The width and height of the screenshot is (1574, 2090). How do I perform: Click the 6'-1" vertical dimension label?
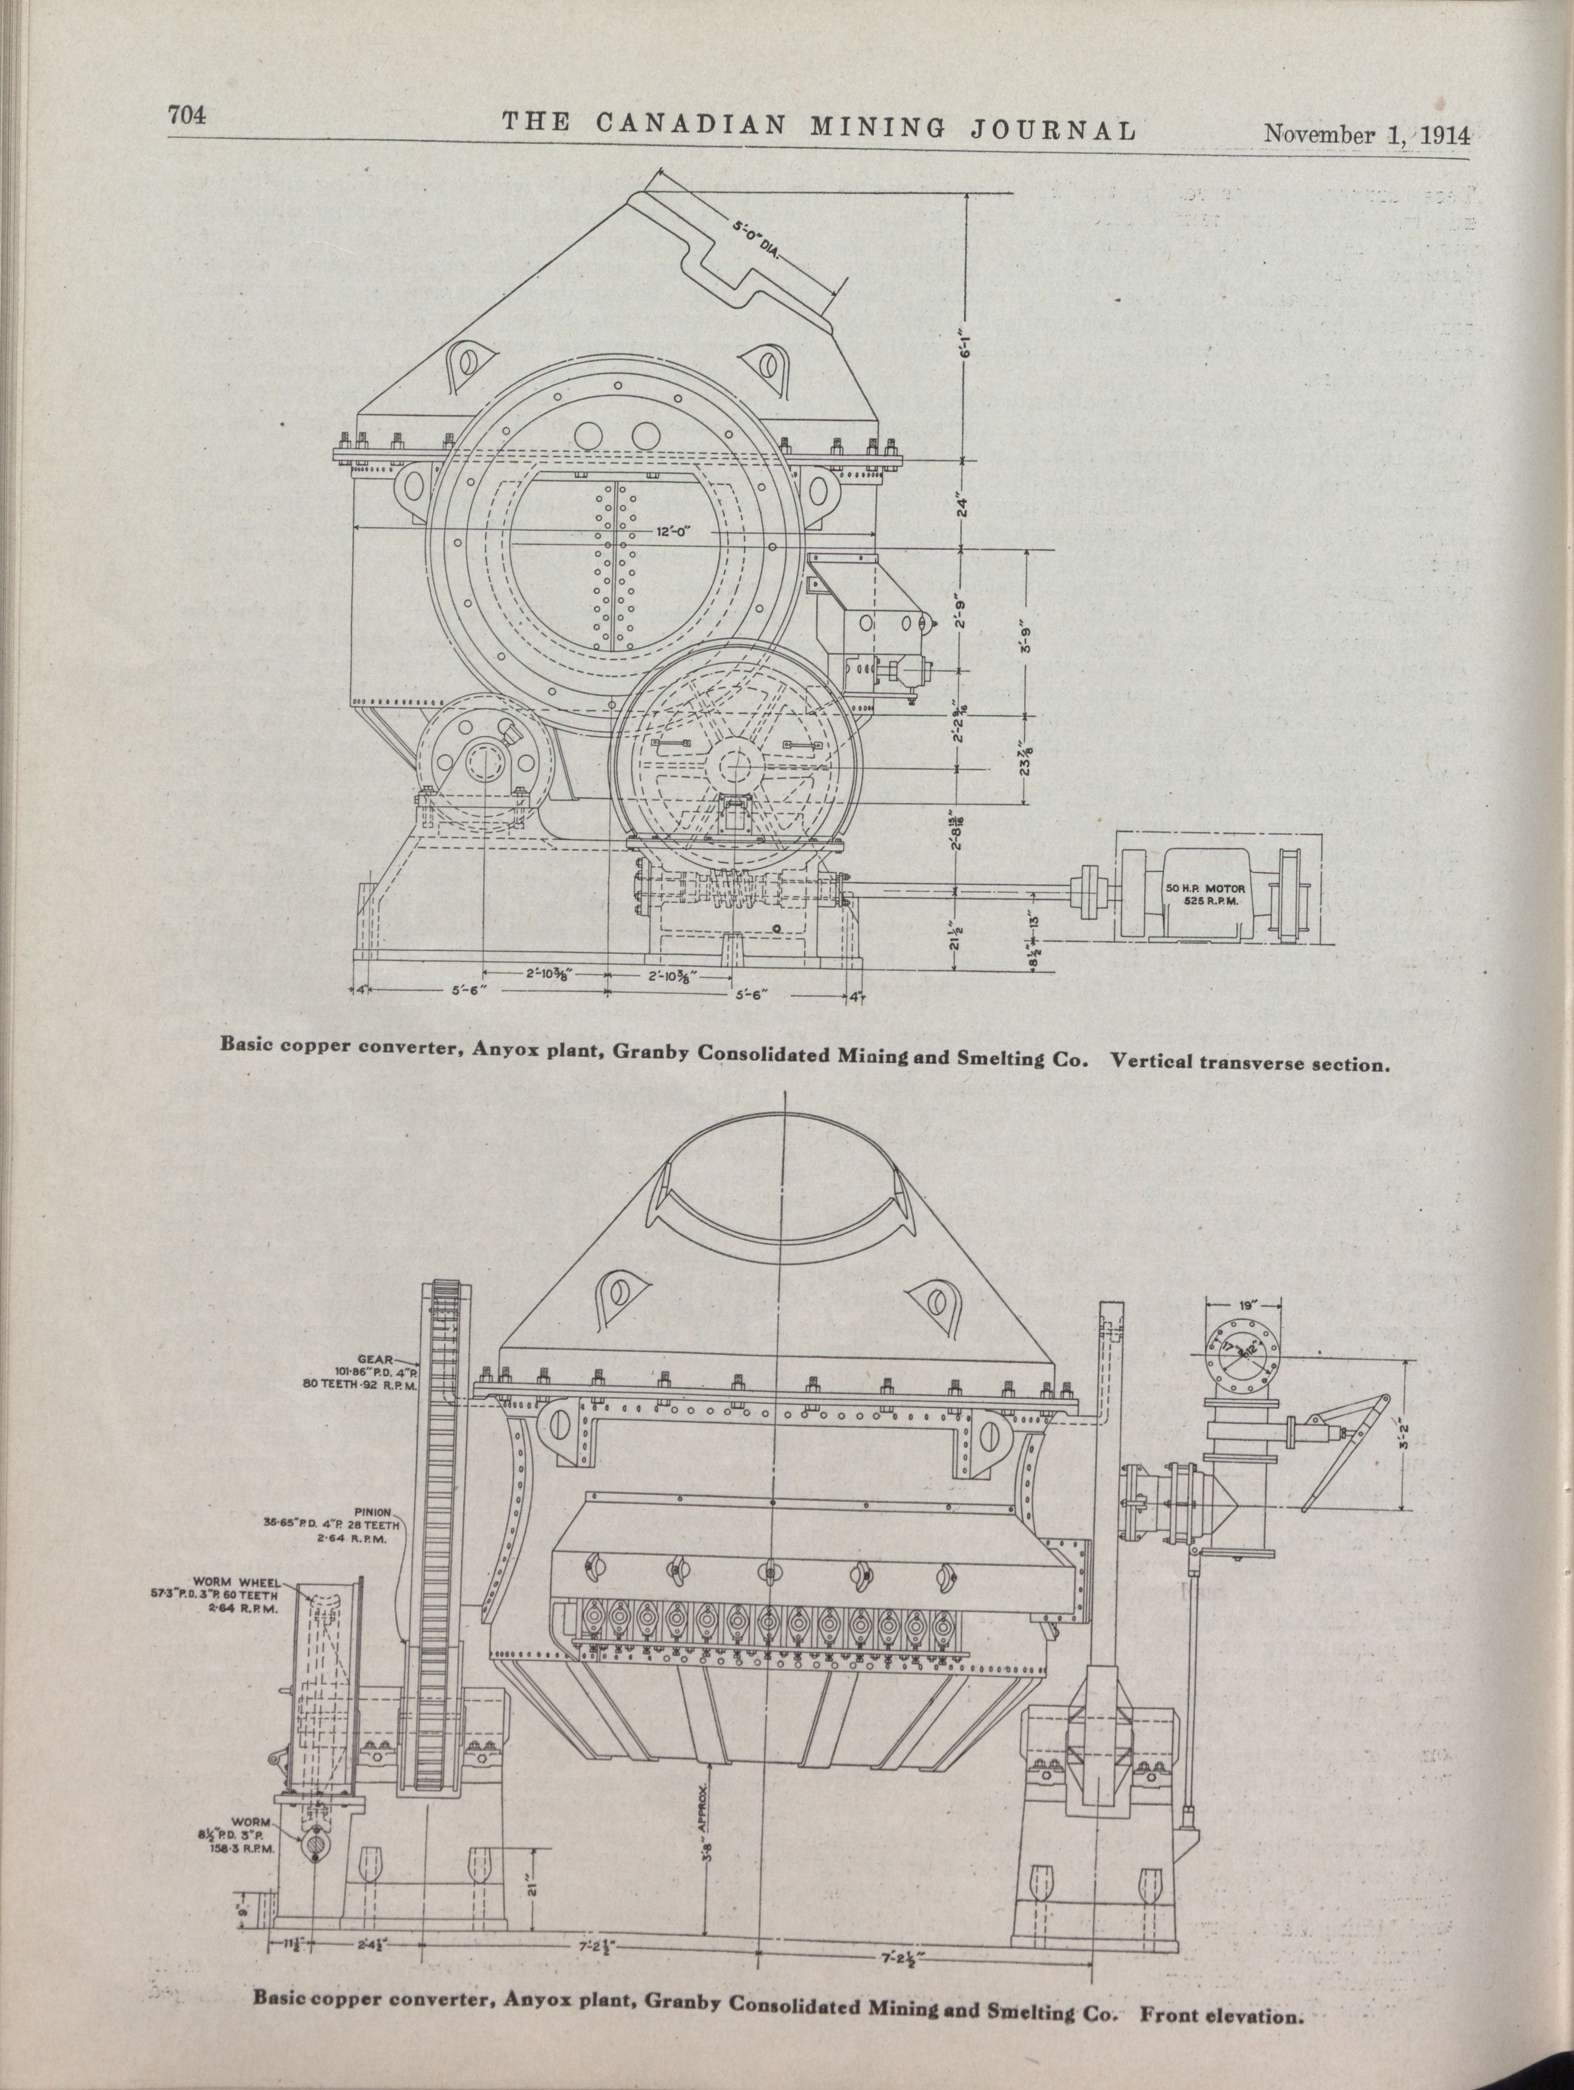[962, 355]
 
